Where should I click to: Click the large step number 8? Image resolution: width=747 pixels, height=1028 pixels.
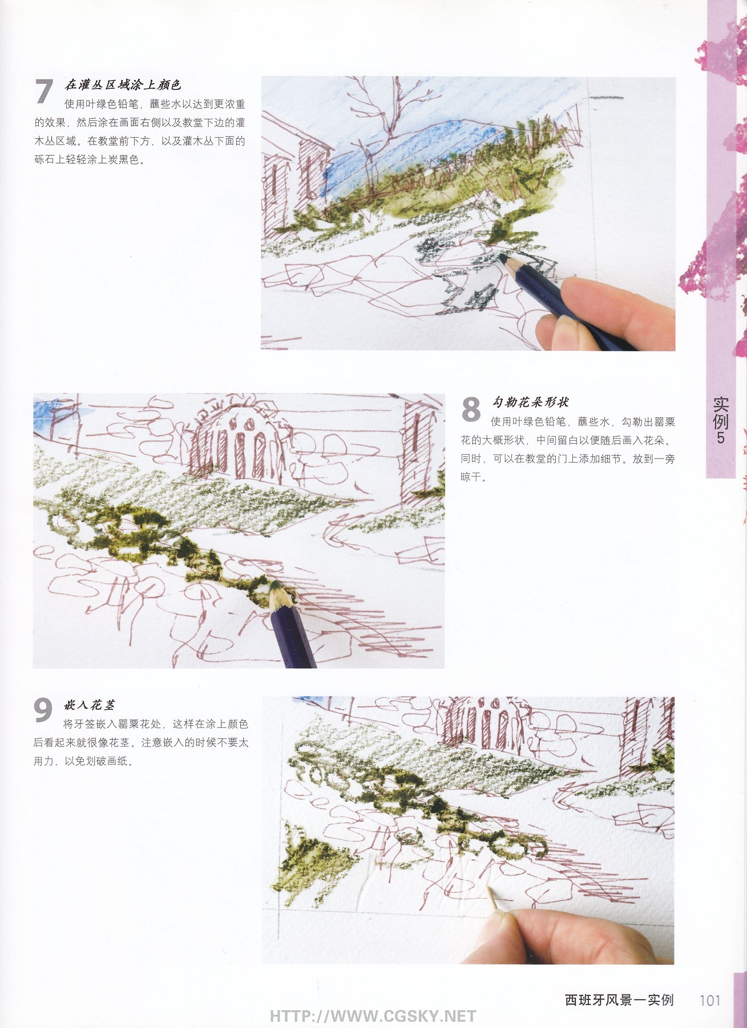click(x=471, y=409)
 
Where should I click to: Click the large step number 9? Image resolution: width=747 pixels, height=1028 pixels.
click(x=43, y=710)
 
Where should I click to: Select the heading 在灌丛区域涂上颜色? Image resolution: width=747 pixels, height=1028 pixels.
click(x=123, y=85)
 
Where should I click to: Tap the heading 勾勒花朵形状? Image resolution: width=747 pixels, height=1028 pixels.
click(x=530, y=402)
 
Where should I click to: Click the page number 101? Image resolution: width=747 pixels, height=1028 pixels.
click(x=709, y=1000)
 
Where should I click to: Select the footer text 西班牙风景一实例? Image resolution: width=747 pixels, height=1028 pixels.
click(x=619, y=1000)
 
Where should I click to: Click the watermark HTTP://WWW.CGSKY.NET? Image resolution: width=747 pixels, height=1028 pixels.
click(x=373, y=1016)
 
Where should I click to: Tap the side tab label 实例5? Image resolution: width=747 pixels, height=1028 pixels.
click(x=720, y=420)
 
